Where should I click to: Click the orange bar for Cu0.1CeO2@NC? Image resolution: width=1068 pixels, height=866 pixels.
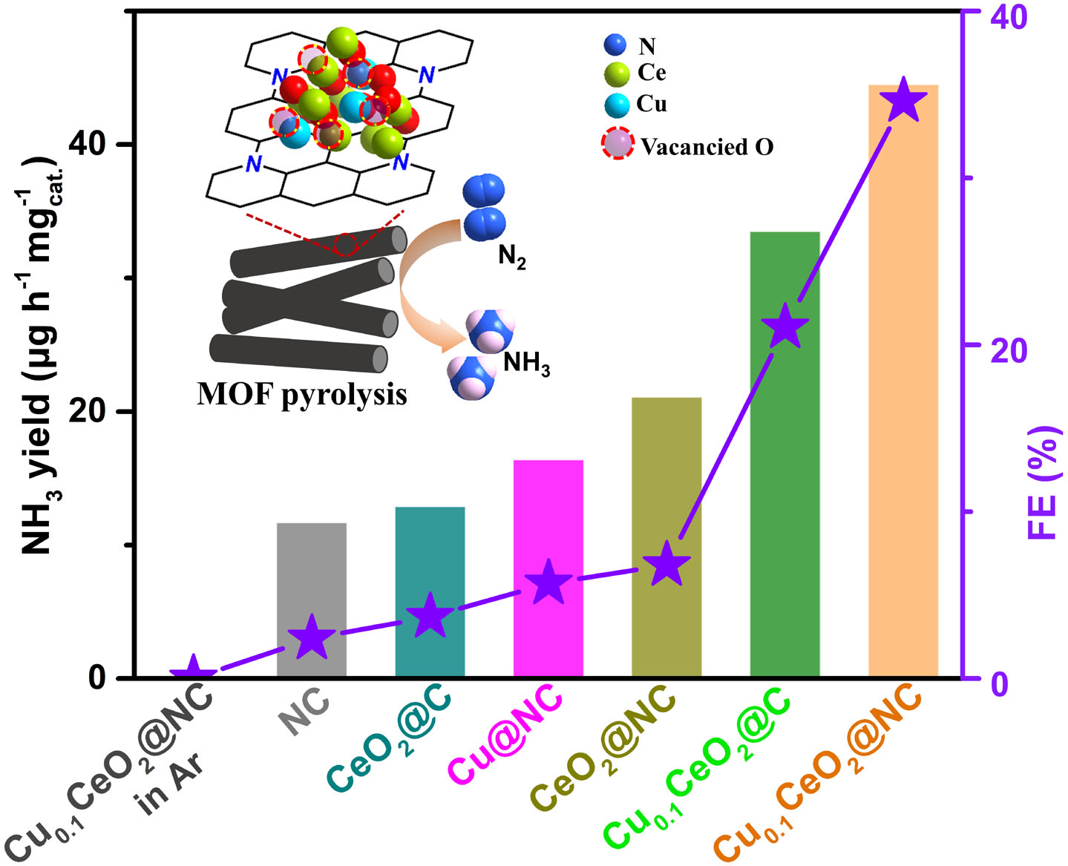tap(902, 386)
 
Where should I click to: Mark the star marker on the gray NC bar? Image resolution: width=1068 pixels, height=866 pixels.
tap(311, 637)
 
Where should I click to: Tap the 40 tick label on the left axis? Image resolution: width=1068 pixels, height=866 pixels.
tap(90, 144)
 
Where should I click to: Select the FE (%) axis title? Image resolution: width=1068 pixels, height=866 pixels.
tap(1043, 482)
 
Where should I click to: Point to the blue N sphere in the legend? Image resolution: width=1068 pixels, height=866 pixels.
tap(615, 45)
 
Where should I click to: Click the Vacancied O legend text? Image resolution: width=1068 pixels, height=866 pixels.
tap(707, 147)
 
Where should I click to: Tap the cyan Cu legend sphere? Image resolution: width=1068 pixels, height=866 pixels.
tap(617, 105)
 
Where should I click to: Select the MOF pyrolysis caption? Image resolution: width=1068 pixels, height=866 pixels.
tap(302, 394)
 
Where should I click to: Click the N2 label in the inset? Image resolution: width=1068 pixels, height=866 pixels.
tap(512, 257)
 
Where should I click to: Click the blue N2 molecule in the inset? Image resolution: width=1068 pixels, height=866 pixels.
tap(484, 208)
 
